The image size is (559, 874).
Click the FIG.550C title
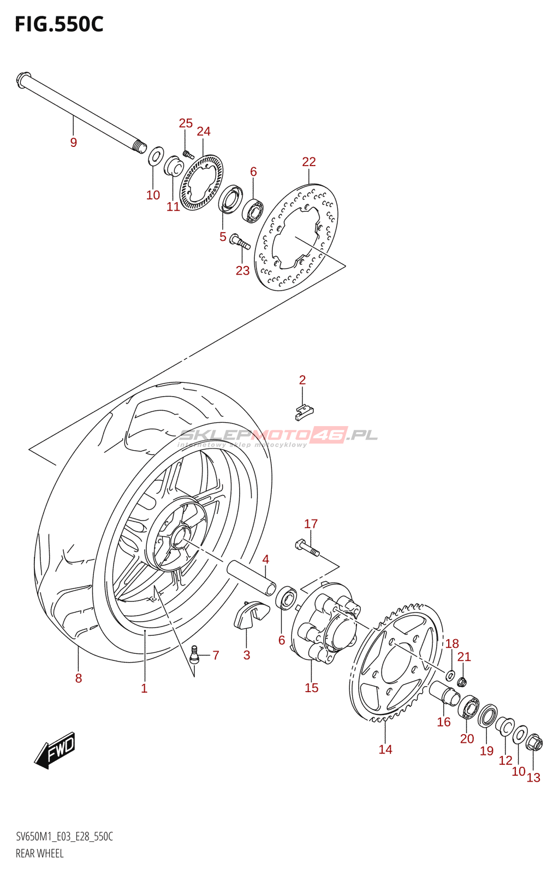point(59,25)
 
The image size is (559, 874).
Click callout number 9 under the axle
point(74,143)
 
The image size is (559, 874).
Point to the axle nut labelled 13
point(534,743)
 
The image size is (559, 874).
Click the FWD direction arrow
point(55,749)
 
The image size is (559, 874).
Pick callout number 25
point(186,123)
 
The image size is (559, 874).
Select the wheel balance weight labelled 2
point(304,412)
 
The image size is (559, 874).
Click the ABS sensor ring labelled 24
point(201,182)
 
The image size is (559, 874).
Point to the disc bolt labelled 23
point(240,242)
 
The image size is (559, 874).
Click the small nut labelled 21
point(462,682)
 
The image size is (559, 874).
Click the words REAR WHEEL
point(40,853)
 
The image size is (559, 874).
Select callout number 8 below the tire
point(79,678)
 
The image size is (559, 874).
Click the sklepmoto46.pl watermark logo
point(278,436)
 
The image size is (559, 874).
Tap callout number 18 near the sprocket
point(452,643)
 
